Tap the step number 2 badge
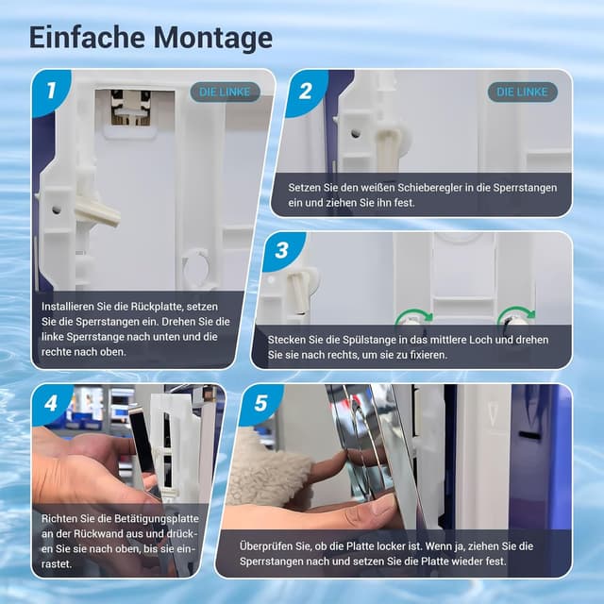(x=304, y=91)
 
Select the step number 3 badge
(x=281, y=252)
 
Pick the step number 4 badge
(x=52, y=405)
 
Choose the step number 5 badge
(x=260, y=405)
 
